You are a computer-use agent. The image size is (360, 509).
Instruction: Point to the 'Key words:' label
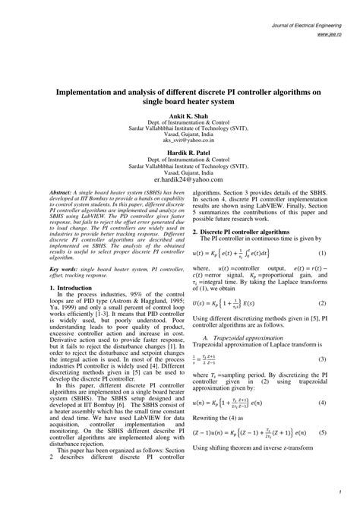pyautogui.click(x=65, y=269)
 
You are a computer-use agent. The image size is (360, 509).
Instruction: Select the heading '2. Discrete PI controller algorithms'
pyautogui.click(x=241, y=231)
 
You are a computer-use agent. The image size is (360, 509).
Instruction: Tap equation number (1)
pyautogui.click(x=323, y=253)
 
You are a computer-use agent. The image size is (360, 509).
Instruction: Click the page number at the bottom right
pyautogui.click(x=342, y=488)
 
